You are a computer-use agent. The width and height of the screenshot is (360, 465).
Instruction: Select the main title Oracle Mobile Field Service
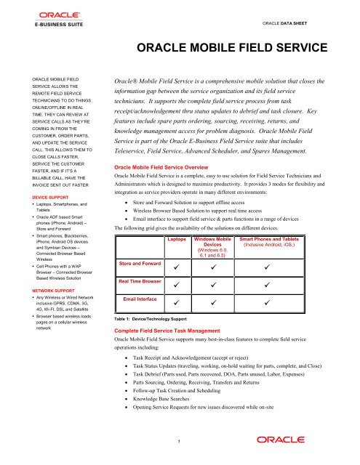point(228,49)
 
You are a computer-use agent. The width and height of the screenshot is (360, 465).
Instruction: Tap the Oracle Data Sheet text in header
point(319,23)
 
